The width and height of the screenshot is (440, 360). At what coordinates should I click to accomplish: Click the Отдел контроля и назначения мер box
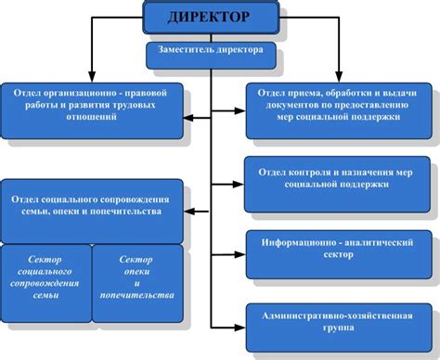pos(337,177)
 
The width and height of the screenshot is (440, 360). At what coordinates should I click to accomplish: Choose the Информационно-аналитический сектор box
pos(337,248)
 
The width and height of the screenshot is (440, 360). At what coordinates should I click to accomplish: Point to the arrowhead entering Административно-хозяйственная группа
pos(239,324)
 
